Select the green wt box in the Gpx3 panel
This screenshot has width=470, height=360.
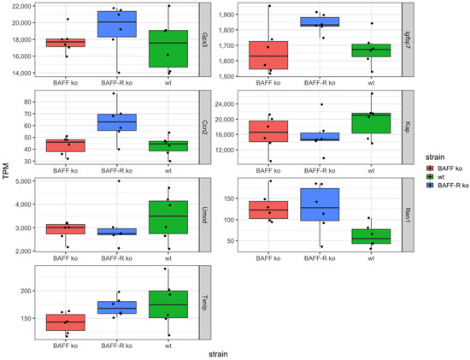pyautogui.click(x=168, y=48)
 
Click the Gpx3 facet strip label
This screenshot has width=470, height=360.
pyautogui.click(x=204, y=40)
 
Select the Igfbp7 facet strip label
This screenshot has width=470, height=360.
pyautogui.click(x=408, y=40)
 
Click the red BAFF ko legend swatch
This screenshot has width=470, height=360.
pyautogui.click(x=431, y=170)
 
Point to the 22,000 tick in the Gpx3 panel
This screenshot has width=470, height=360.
pyautogui.click(x=22, y=6)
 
